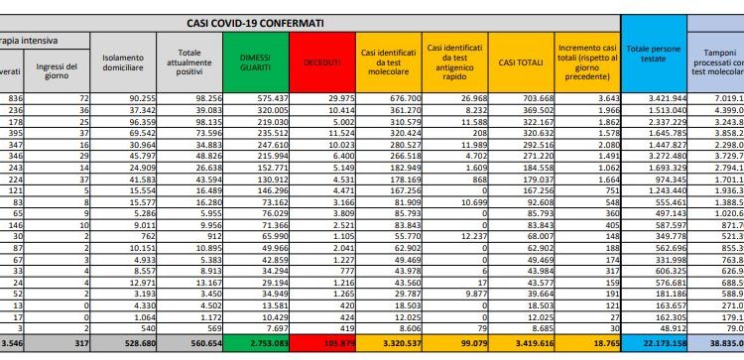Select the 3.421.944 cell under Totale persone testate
[x=658, y=99]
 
